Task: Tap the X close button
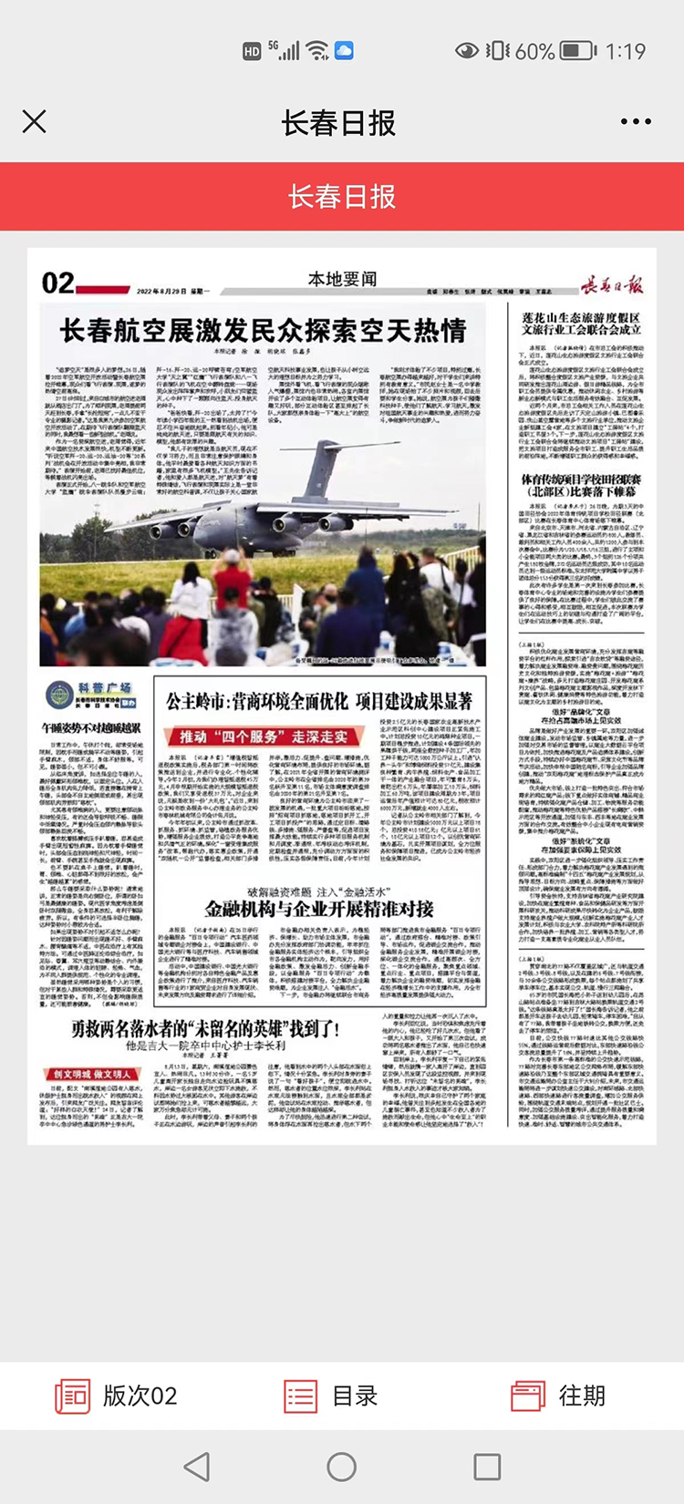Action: [x=35, y=121]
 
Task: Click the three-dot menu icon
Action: [x=636, y=121]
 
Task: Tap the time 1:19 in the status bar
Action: [x=625, y=51]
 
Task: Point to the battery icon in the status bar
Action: [x=577, y=51]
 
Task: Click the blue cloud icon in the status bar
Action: [x=344, y=51]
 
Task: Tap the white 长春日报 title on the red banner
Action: [x=342, y=196]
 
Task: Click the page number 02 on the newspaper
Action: [x=57, y=283]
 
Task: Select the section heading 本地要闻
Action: [x=342, y=279]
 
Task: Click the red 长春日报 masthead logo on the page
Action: [x=612, y=284]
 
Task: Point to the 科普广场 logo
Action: [x=91, y=696]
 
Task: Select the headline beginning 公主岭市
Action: [x=319, y=702]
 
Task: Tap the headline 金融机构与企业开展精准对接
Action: [x=319, y=909]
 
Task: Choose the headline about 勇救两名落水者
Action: [x=206, y=1029]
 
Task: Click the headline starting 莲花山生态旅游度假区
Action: [x=582, y=324]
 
